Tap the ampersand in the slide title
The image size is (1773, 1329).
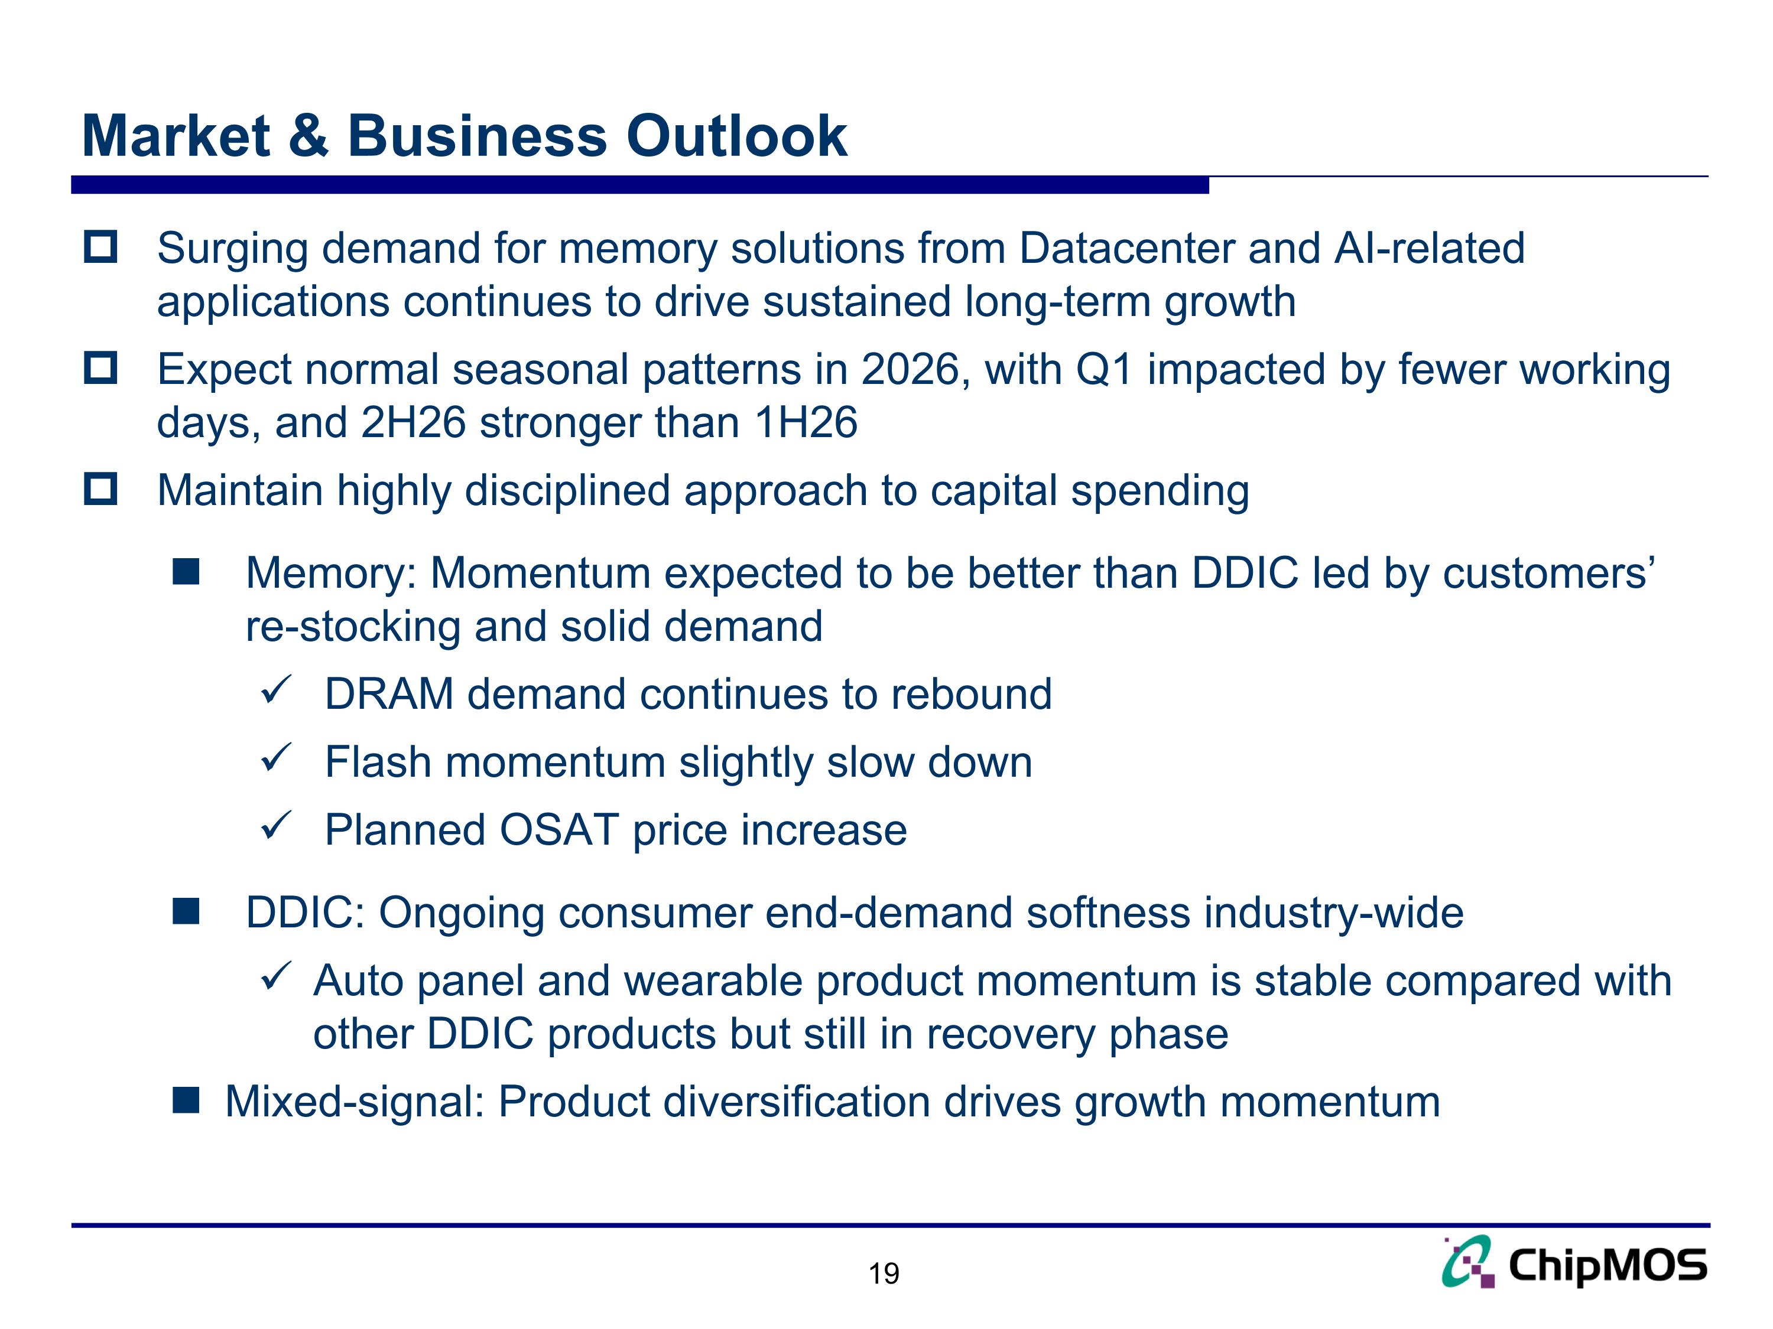(308, 136)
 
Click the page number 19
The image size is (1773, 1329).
(884, 1273)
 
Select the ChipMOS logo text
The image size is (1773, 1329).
(1607, 1266)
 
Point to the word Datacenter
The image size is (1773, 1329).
(1126, 248)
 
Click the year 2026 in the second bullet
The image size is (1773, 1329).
(910, 370)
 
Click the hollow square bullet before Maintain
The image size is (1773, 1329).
(101, 488)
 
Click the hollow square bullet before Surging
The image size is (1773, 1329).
(101, 247)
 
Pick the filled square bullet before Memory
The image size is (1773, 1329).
(186, 573)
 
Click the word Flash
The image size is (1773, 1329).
(378, 762)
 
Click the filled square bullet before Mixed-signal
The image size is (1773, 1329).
(186, 1100)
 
